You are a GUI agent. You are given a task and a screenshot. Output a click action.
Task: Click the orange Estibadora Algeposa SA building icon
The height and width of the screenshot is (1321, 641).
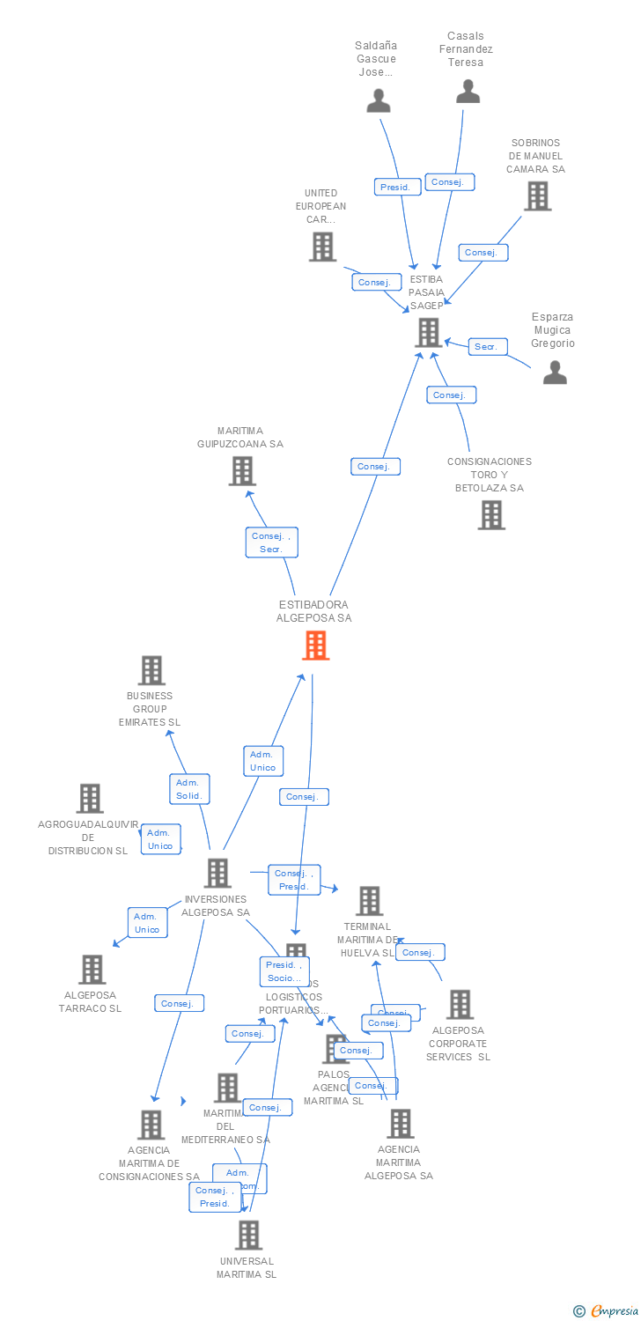tap(315, 646)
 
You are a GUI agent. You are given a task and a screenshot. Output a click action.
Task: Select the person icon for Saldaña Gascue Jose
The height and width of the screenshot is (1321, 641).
tap(379, 100)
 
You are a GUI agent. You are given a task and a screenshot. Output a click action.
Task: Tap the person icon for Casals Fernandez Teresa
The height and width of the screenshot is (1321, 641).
tap(468, 91)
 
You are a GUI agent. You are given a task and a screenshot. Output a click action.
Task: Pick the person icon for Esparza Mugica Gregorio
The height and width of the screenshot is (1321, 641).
tap(555, 372)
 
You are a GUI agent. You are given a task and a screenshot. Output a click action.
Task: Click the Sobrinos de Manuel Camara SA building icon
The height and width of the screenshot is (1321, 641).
tap(537, 196)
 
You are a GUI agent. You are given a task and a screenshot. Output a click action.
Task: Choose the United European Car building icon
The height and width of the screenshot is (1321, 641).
tap(322, 247)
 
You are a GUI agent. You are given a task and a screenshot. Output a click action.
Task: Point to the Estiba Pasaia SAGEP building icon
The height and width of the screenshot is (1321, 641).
tap(428, 332)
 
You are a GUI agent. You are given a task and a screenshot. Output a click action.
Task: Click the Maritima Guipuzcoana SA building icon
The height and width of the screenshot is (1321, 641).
tap(242, 471)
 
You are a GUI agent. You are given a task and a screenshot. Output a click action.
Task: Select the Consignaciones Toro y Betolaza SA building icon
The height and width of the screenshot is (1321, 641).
tap(491, 514)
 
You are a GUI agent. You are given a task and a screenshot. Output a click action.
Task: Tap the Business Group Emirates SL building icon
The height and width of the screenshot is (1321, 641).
tap(151, 670)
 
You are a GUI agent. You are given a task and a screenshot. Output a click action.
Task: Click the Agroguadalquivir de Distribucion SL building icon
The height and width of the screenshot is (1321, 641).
tap(90, 798)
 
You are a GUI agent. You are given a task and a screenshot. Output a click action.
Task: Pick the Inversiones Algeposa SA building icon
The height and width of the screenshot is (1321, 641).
tap(217, 873)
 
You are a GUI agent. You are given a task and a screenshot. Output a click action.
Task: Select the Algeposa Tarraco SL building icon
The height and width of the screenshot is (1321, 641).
tap(92, 969)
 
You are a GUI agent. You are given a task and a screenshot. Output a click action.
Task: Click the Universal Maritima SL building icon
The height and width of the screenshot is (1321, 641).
tap(248, 1235)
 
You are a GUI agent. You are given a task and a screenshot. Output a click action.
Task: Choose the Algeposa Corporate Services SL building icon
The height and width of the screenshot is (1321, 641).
tap(460, 1004)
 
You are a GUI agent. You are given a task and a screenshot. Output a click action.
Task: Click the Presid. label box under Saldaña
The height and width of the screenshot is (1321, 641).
tap(395, 187)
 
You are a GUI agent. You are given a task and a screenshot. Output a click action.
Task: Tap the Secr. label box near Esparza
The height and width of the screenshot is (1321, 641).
tap(486, 346)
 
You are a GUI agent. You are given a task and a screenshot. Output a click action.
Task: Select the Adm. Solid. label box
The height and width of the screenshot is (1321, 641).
tap(188, 788)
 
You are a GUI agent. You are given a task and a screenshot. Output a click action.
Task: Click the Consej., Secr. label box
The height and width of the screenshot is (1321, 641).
tap(271, 542)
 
